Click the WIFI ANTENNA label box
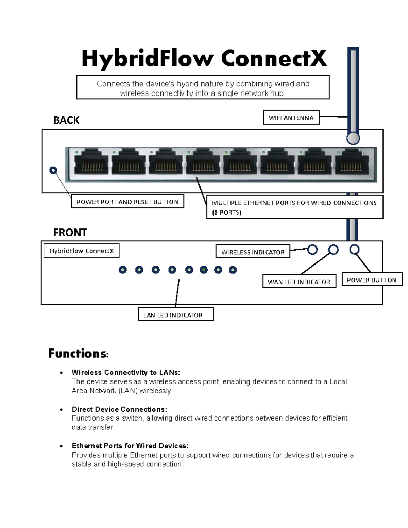(291, 118)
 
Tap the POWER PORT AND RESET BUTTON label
(128, 202)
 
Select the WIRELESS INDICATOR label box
(253, 252)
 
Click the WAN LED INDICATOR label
(299, 282)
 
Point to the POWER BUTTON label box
(372, 280)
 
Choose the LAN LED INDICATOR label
(176, 315)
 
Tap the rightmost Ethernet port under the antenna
(352, 163)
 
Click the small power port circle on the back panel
(53, 170)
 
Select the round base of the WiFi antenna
(353, 138)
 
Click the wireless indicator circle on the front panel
(312, 250)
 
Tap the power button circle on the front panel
(354, 250)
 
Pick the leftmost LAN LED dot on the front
(123, 270)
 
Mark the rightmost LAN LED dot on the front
(233, 270)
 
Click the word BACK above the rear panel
(66, 120)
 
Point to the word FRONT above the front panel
(70, 233)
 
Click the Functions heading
(78, 354)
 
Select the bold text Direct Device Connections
(119, 409)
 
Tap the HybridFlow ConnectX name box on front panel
(82, 251)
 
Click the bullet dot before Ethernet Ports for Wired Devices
(61, 446)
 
